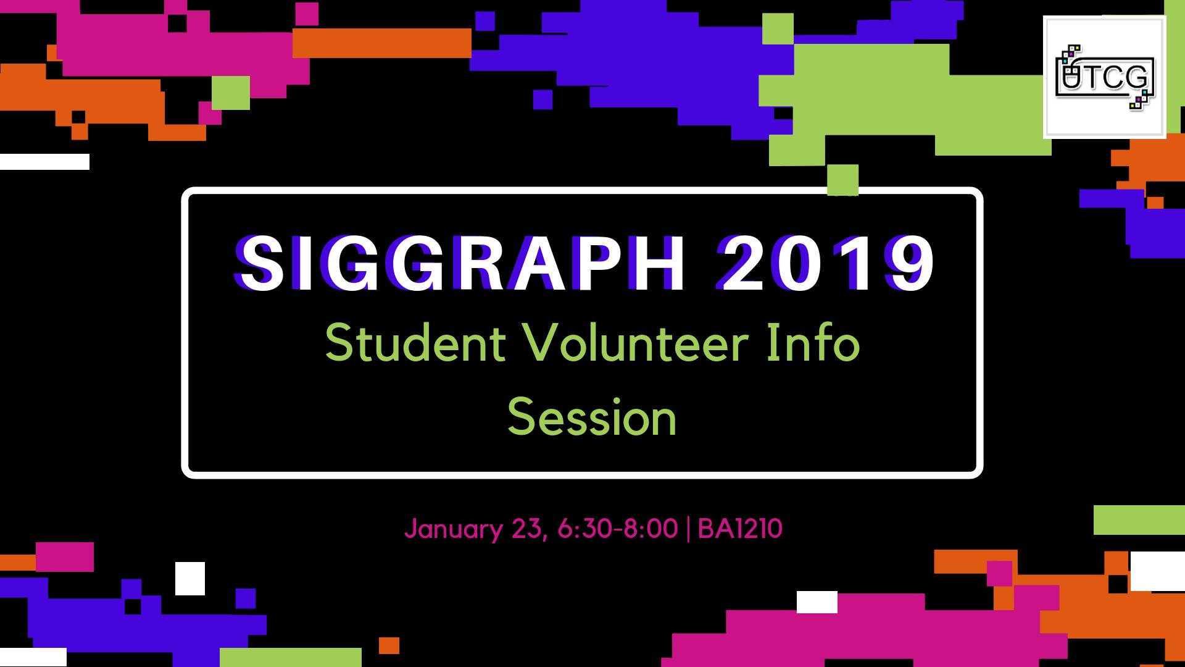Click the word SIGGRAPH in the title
coord(460,264)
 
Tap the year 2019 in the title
coord(826,264)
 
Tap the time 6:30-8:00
coord(617,529)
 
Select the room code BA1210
coord(740,529)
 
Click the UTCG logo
coord(1104,77)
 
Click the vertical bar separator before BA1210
coord(688,529)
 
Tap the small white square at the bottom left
coord(190,579)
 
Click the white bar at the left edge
coord(44,162)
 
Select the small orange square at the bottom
coord(389,645)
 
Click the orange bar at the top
coord(381,43)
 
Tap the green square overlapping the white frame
coord(842,180)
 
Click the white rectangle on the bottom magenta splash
coord(817,602)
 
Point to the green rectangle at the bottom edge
coord(290,657)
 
